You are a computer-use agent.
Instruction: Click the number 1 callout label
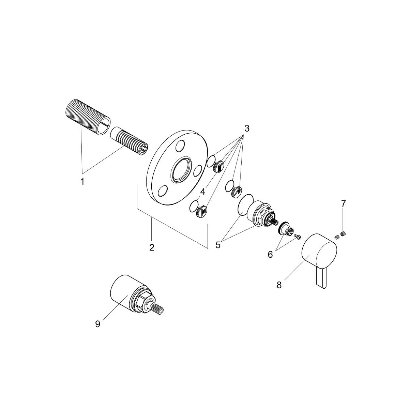pos(82,182)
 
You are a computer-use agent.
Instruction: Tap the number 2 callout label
pos(152,247)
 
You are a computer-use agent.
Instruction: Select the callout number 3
pos(247,128)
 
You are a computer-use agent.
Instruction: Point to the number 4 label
pos(203,192)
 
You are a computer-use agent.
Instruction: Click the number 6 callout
pos(270,254)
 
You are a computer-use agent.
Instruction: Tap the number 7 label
pos(343,204)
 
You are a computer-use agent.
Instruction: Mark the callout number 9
pos(97,324)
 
